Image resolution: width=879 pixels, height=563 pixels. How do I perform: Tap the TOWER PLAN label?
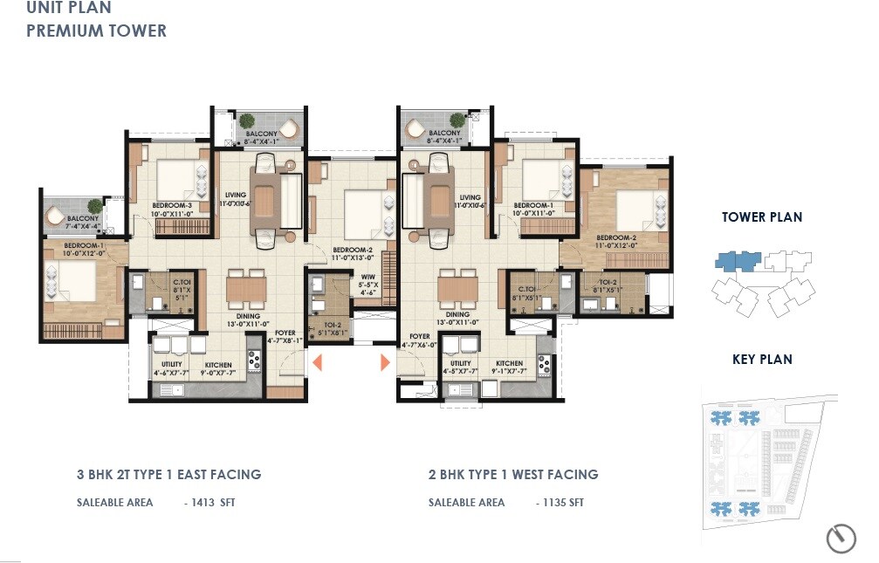pyautogui.click(x=761, y=217)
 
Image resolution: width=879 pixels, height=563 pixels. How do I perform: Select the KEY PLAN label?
pyautogui.click(x=762, y=359)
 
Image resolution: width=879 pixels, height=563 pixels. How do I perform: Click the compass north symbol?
pyautogui.click(x=841, y=538)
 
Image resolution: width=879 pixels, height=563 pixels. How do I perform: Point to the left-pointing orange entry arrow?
pyautogui.click(x=319, y=362)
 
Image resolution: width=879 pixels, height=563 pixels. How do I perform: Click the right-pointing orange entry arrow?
pyautogui.click(x=385, y=362)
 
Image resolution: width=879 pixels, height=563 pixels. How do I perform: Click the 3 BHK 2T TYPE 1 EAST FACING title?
pyautogui.click(x=168, y=475)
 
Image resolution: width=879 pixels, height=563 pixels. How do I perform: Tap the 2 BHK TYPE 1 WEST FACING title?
pyautogui.click(x=513, y=475)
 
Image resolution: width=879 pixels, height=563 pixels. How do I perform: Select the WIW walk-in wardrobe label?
pyautogui.click(x=367, y=278)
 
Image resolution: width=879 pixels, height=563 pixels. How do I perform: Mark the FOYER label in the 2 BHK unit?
pyautogui.click(x=420, y=336)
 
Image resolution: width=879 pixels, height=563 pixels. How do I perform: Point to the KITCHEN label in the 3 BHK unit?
pyautogui.click(x=218, y=365)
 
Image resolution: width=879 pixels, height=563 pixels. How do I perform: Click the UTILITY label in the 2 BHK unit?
pyautogui.click(x=460, y=363)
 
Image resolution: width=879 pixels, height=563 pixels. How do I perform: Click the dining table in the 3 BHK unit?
pyautogui.click(x=245, y=288)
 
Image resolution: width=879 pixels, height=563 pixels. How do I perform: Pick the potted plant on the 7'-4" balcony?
pyautogui.click(x=56, y=214)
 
